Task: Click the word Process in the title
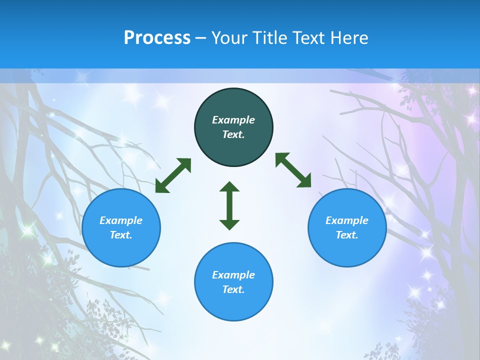(x=157, y=38)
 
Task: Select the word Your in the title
(x=230, y=38)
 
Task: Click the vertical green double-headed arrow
(x=229, y=205)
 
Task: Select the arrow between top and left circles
(x=173, y=175)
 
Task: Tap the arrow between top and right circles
(x=293, y=170)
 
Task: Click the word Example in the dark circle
(x=233, y=120)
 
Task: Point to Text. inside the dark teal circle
(x=233, y=134)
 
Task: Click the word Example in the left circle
(x=121, y=220)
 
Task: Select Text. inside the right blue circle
(x=347, y=235)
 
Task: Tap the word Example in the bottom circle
(x=233, y=275)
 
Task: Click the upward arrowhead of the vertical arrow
(x=229, y=186)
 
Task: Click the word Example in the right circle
(x=347, y=220)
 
